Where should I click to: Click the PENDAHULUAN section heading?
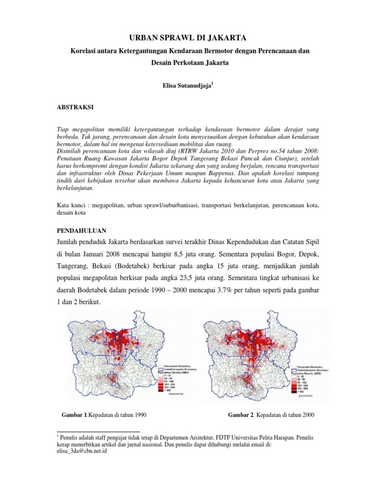(x=82, y=230)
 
